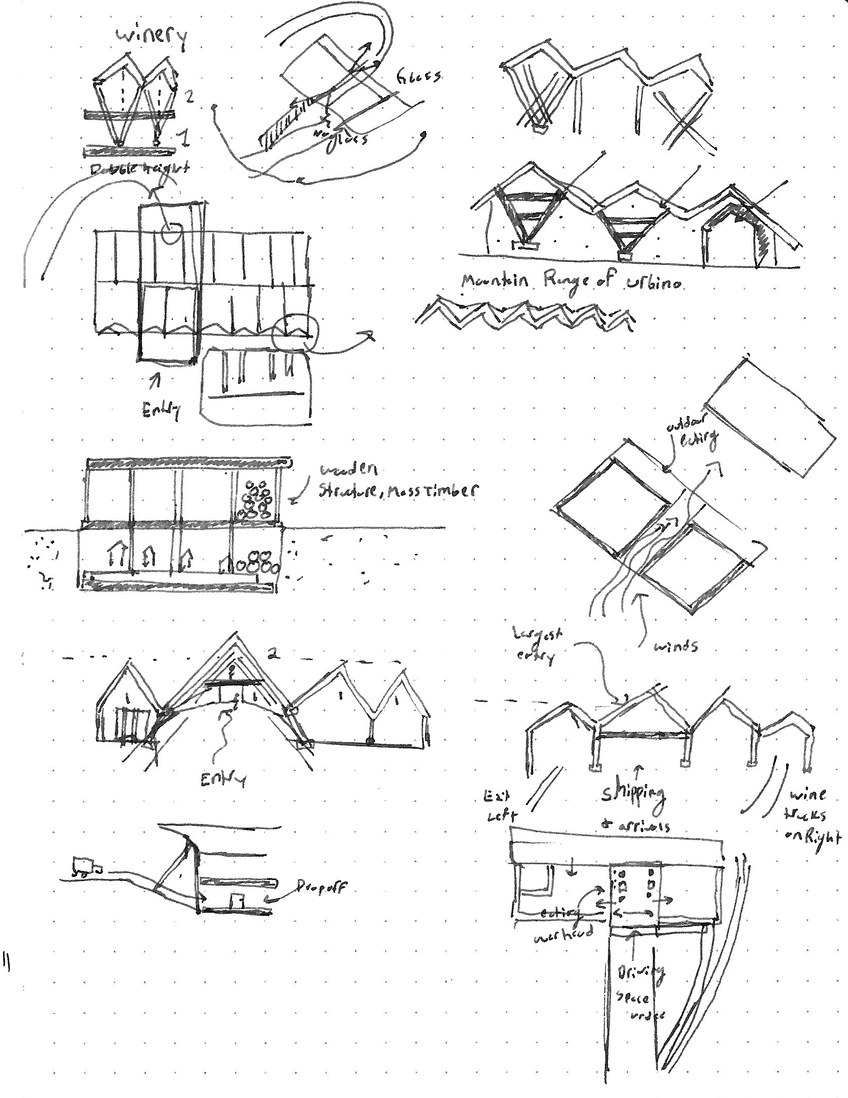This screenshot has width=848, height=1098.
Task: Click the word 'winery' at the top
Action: point(150,38)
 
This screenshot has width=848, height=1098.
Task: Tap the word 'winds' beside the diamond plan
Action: point(675,646)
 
